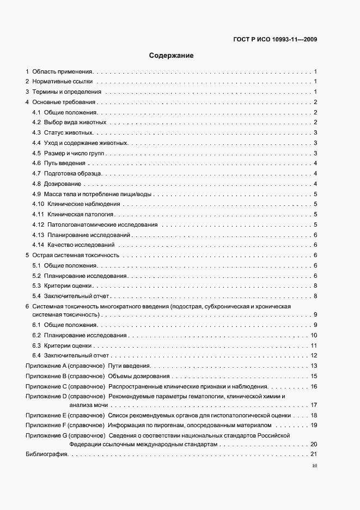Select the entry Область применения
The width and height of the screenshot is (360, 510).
click(x=63, y=71)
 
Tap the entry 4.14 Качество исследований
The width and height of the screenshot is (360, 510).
click(x=73, y=245)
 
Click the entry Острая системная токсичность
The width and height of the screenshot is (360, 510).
click(x=75, y=255)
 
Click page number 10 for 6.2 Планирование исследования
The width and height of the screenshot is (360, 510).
click(x=314, y=335)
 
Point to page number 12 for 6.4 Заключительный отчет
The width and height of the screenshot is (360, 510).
click(x=314, y=355)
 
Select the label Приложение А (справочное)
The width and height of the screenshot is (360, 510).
click(x=65, y=366)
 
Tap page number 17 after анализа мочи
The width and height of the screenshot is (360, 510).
click(x=314, y=405)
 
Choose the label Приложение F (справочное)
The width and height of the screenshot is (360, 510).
click(x=65, y=424)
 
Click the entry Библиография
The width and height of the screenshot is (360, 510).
click(x=46, y=454)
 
